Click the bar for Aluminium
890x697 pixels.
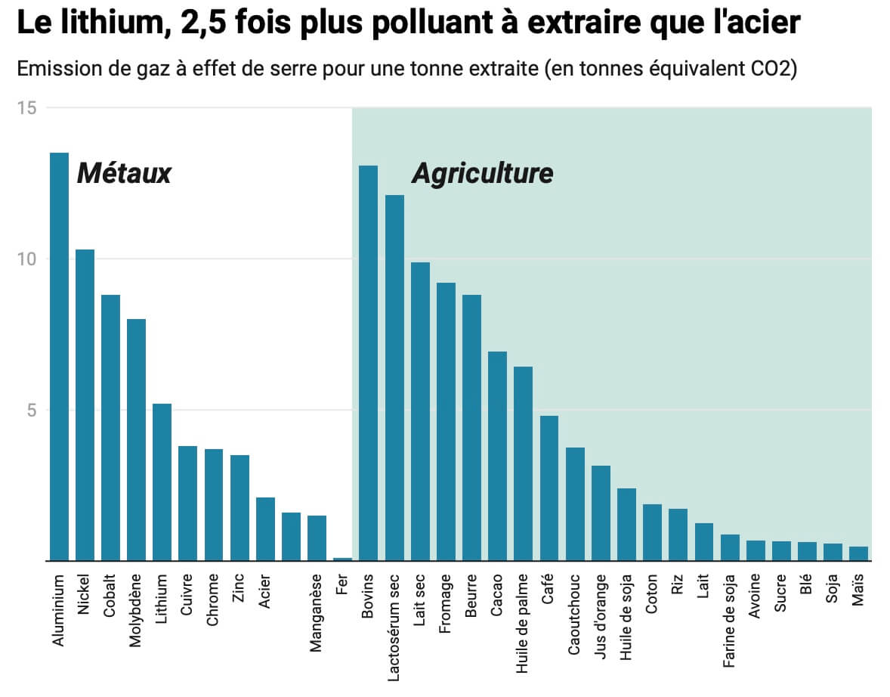pyautogui.click(x=59, y=355)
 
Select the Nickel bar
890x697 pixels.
pyautogui.click(x=85, y=404)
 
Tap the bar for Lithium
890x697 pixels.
pyautogui.click(x=162, y=482)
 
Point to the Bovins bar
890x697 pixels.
pyautogui.click(x=368, y=363)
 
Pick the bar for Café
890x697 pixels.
pyautogui.click(x=549, y=488)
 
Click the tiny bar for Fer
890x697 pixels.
pyautogui.click(x=342, y=559)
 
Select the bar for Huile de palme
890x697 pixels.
pyautogui.click(x=523, y=463)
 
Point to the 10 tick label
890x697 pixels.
pyautogui.click(x=27, y=259)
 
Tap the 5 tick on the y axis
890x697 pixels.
pyautogui.click(x=31, y=410)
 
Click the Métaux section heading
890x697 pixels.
pyautogui.click(x=125, y=174)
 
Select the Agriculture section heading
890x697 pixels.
pyautogui.click(x=482, y=174)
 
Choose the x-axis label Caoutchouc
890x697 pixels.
pyautogui.click(x=574, y=615)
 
